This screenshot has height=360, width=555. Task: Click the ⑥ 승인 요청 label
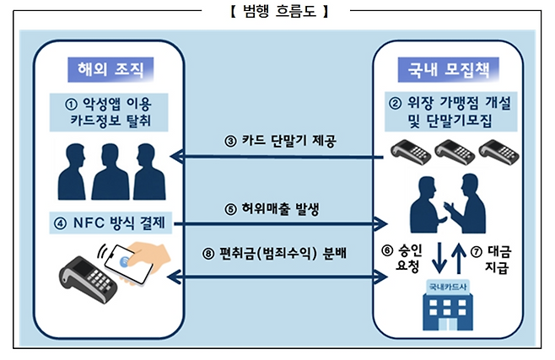[400, 259]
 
